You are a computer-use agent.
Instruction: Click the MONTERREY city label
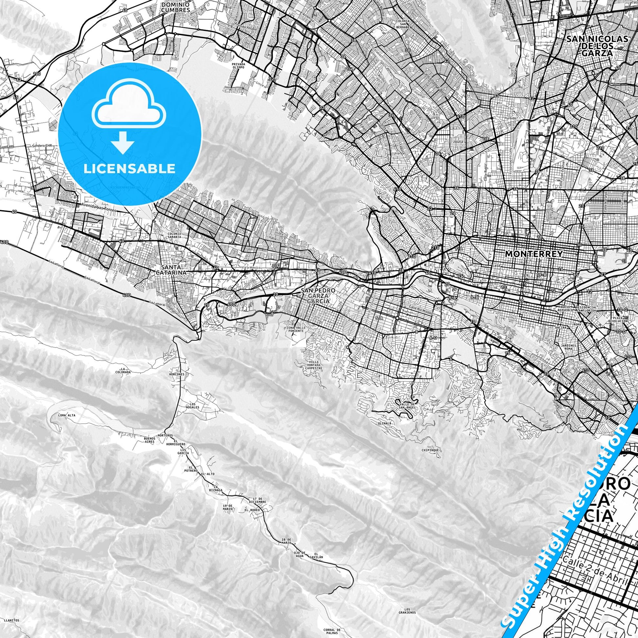534,254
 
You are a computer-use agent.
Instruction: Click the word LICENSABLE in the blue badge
130,169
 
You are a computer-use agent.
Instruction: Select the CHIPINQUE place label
429,450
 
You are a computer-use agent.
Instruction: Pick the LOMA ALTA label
66,415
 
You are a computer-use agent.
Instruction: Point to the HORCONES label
178,374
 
